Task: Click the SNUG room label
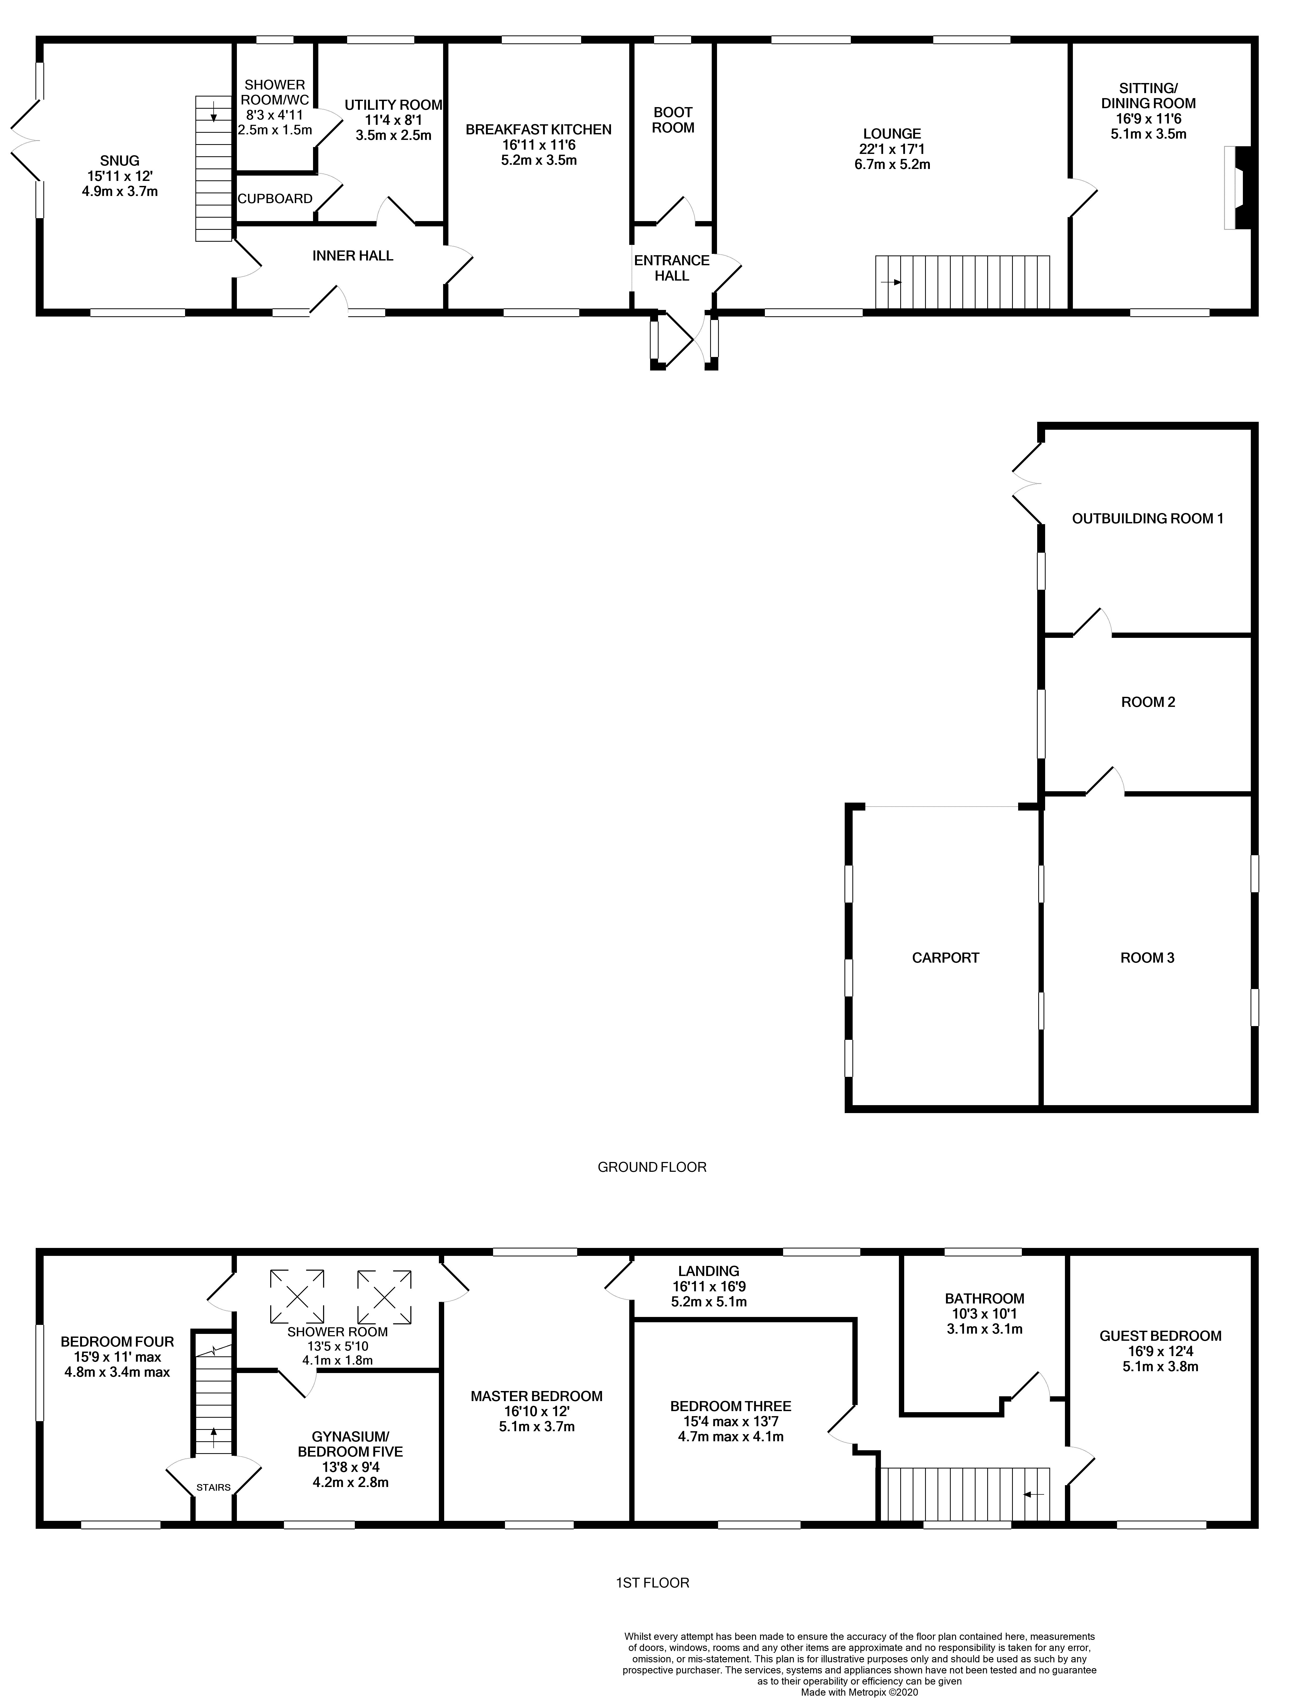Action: pos(120,161)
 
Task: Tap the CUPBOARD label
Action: pos(275,199)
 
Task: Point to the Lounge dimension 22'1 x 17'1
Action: pos(892,149)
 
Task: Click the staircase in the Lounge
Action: pos(962,282)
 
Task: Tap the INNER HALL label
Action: pos(353,255)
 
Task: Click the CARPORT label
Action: pos(945,958)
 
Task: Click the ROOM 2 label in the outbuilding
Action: pos(1147,702)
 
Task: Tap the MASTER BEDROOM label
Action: pos(536,1396)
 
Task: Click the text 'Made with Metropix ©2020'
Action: pos(859,1686)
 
